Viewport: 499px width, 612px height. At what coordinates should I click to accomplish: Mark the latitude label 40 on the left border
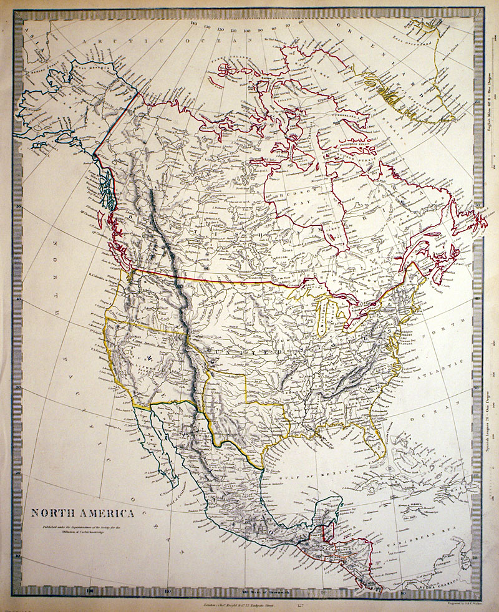[21, 299]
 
